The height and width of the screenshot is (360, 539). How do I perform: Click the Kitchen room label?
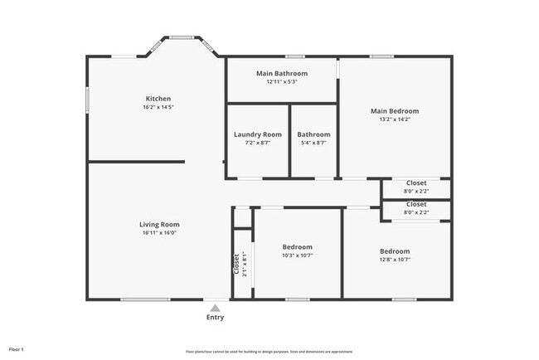[158, 98]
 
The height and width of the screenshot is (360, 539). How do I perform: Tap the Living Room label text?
[158, 224]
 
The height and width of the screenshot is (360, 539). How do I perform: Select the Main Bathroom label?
[281, 73]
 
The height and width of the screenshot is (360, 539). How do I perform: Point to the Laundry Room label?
[257, 134]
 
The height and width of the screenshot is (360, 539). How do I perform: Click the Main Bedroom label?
[394, 111]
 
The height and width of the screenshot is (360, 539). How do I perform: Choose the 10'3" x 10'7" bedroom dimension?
[297, 255]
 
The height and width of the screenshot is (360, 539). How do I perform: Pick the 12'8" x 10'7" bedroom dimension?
[395, 260]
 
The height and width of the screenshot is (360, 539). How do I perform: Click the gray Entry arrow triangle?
[215, 308]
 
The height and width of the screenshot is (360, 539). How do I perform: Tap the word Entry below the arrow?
[215, 318]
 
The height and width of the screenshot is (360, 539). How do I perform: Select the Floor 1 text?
[17, 349]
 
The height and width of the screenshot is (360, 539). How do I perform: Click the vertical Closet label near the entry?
[236, 264]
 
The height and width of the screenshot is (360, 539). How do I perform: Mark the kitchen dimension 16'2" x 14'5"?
[158, 107]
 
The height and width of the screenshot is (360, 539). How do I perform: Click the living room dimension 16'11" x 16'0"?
[158, 233]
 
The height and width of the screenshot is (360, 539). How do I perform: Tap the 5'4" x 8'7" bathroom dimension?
[313, 144]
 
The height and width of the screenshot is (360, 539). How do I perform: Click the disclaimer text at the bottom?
[269, 351]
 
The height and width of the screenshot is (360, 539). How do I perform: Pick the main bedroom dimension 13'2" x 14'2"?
[394, 119]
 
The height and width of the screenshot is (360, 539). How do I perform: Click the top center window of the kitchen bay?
[182, 36]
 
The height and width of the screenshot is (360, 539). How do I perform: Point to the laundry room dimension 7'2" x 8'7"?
[257, 144]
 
